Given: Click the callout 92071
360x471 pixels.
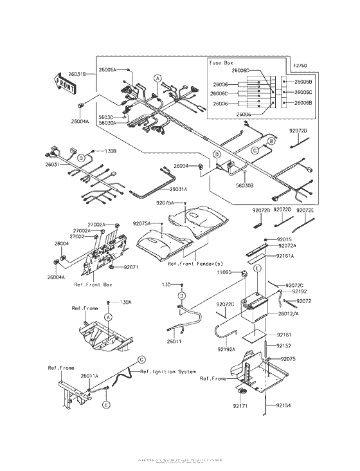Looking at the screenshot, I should pyautogui.click(x=132, y=266).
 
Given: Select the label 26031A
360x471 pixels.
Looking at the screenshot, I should pyautogui.click(x=178, y=189).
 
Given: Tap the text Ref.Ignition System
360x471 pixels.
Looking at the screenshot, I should pyautogui.click(x=168, y=372).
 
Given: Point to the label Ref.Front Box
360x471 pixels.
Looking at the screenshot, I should pyautogui.click(x=94, y=284).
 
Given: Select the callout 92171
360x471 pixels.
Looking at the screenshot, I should pyautogui.click(x=240, y=407).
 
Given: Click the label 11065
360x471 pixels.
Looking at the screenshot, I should pyautogui.click(x=226, y=273).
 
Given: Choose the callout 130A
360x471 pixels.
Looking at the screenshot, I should pyautogui.click(x=125, y=302).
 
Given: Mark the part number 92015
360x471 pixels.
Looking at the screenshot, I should pyautogui.click(x=285, y=239).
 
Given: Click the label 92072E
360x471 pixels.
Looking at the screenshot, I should pyautogui.click(x=305, y=210).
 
